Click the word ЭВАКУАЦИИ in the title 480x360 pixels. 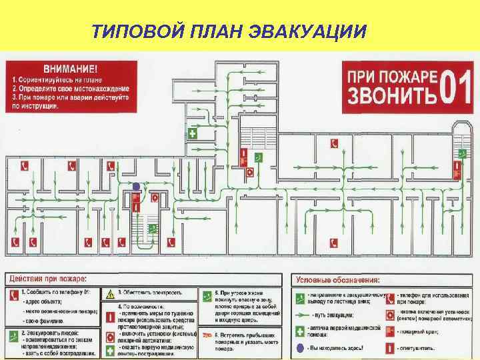pyautogui.click(x=309, y=31)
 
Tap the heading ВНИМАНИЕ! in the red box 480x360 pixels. pyautogui.click(x=70, y=69)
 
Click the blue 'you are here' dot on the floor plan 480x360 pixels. pyautogui.click(x=136, y=186)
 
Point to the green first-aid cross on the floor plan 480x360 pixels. pyautogui.click(x=193, y=134)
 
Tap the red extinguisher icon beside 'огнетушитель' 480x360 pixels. pyautogui.click(x=390, y=347)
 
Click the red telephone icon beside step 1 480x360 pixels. pyautogui.click(x=14, y=294)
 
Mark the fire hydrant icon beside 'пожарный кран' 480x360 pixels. pyautogui.click(x=390, y=331)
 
